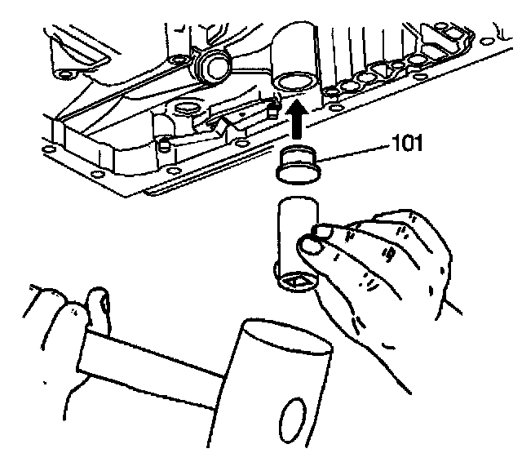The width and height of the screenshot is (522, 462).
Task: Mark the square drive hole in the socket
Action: click(294, 281)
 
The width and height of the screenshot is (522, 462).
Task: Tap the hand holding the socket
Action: click(383, 269)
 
